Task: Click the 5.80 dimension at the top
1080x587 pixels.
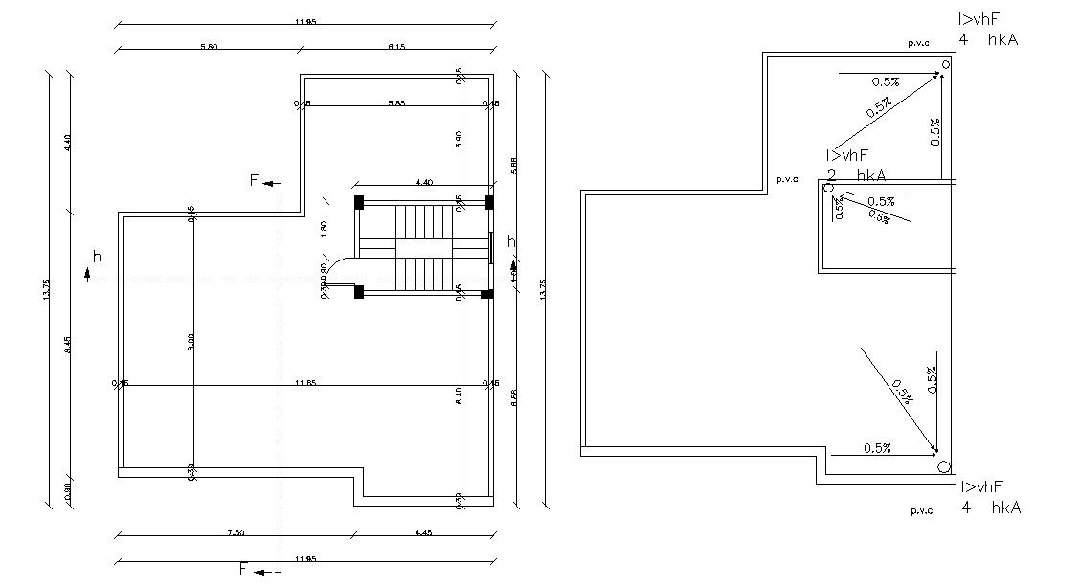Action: pos(207,47)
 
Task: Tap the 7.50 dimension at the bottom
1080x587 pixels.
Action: pos(236,532)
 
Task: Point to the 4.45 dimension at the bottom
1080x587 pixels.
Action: pos(423,532)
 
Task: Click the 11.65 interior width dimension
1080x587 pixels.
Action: pos(306,383)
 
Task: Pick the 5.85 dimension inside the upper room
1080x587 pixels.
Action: pos(396,102)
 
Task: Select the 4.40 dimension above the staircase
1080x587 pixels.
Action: pos(422,182)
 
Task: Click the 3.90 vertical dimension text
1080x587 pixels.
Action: pos(460,141)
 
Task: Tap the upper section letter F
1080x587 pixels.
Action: pos(254,180)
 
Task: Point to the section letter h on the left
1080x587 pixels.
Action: pos(97,256)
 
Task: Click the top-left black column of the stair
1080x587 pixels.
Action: pos(359,202)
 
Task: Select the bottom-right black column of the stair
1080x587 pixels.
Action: pos(486,293)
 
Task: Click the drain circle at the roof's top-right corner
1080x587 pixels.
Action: pos(945,65)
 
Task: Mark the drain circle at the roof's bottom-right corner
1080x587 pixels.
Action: pos(943,467)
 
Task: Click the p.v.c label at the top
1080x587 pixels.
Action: pos(918,43)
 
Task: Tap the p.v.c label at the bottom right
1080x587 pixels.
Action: pos(921,511)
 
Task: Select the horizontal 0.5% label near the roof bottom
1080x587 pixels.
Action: pos(878,448)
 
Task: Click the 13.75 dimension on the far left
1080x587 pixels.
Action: pos(46,289)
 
